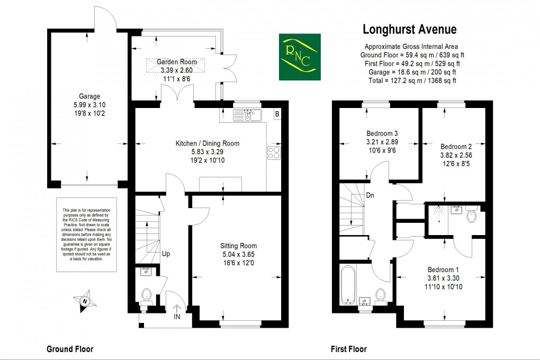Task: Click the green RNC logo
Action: [300, 57]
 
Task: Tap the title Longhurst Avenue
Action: [409, 30]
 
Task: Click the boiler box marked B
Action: [276, 114]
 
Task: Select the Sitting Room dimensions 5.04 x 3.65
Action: [239, 255]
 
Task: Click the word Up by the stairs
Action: [166, 254]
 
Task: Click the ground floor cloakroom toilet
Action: [147, 294]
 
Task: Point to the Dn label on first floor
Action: [371, 195]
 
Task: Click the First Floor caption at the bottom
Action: [348, 349]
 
